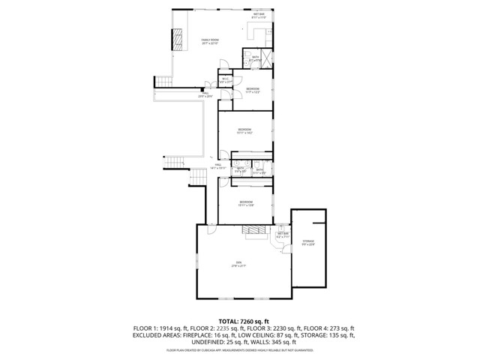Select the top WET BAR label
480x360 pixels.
point(259,15)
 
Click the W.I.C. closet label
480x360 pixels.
point(226,80)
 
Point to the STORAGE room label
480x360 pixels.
point(308,242)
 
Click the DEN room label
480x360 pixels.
point(239,263)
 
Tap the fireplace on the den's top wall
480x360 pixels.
point(254,233)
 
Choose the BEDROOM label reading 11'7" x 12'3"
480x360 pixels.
point(253,90)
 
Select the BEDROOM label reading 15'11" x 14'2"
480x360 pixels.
point(245,130)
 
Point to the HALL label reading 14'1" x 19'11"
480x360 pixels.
point(219,166)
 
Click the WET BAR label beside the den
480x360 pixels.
point(283,235)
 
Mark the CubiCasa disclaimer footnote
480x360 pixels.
point(239,349)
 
